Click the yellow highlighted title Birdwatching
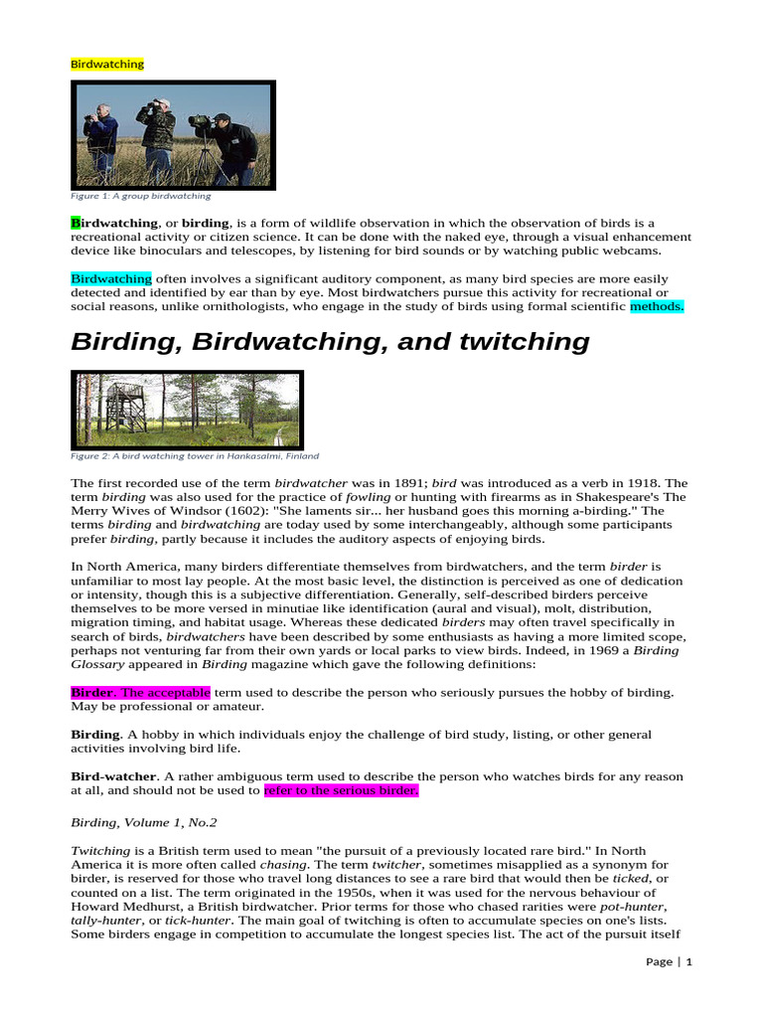(107, 64)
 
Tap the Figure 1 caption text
(140, 197)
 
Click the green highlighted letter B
(76, 224)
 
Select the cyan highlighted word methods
(657, 307)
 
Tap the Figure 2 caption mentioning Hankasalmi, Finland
(195, 456)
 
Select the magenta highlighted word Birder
(92, 692)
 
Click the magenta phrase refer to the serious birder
(341, 791)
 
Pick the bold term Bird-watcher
(113, 776)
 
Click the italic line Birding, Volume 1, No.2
(143, 823)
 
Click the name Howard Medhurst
(123, 908)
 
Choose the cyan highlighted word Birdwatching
(110, 279)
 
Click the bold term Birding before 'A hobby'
(95, 735)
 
